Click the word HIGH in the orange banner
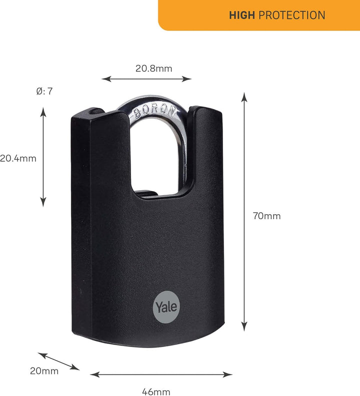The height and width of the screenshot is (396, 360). pos(241,15)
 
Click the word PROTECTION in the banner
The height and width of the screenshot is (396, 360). pos(291,15)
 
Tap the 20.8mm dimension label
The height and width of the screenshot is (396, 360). pos(153,68)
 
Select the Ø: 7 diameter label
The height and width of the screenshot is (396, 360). pos(44,91)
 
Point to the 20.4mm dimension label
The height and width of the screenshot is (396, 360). pos(18,158)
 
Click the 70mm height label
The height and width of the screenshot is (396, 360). pos(266,216)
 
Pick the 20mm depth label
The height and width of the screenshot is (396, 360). pos(44,371)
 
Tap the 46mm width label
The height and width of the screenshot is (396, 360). pos(156,392)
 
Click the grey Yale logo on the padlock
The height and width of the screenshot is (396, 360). pos(166,307)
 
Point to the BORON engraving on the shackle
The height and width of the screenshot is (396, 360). pos(154,111)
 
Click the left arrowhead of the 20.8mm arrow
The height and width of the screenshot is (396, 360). pos(106,79)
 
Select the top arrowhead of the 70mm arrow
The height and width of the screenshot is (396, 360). pos(244,97)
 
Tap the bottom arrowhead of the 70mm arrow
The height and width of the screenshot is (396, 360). pos(244,327)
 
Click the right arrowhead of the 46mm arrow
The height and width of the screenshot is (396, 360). pos(227,375)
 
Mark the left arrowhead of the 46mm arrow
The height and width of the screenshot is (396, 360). pos(95,375)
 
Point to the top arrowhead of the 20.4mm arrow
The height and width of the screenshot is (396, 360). pos(43,112)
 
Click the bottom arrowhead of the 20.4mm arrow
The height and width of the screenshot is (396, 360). pos(43,202)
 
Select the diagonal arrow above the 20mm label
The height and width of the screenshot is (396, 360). pos(58,362)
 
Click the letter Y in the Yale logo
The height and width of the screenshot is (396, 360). pos(159,306)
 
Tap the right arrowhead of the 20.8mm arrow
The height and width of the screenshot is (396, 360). pos(187,79)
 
